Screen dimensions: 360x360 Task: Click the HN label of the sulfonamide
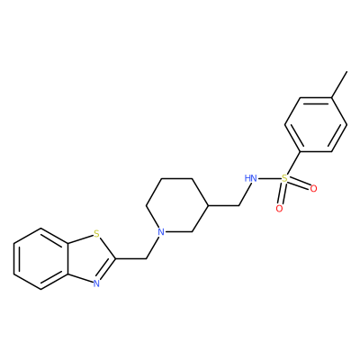[x=251, y=178]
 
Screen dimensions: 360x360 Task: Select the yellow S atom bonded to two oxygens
[x=284, y=179]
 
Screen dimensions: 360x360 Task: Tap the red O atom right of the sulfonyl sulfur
[x=313, y=189]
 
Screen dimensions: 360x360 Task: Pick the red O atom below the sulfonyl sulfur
[x=279, y=209]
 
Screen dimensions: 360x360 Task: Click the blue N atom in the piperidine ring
[x=161, y=232]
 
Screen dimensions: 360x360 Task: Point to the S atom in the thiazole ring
[x=96, y=233]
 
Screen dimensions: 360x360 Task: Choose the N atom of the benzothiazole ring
[x=96, y=283]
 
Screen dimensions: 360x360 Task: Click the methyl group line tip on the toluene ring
[x=347, y=71]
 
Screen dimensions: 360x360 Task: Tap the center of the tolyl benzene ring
[x=316, y=124]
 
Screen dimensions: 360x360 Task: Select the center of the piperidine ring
[x=177, y=205]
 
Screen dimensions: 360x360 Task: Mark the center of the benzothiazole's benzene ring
[x=40, y=258]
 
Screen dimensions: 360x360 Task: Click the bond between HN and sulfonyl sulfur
[x=269, y=179]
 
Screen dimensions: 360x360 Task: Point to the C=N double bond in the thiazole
[x=106, y=270]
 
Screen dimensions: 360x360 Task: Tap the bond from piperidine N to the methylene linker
[x=154, y=246]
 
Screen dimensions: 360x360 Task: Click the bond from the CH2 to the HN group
[x=244, y=194]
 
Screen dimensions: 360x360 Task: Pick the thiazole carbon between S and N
[x=115, y=258]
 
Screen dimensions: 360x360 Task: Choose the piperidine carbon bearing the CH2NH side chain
[x=208, y=205]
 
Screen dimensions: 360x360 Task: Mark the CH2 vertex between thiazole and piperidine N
[x=146, y=258]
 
